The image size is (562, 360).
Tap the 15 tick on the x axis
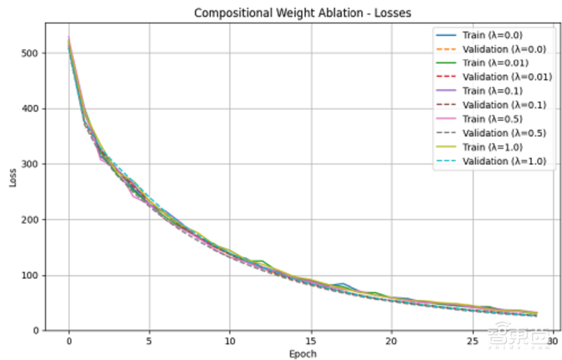[311, 341]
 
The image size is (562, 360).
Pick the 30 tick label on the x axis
[553, 341]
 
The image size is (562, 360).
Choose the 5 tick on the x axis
[149, 341]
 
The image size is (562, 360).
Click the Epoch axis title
[302, 354]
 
